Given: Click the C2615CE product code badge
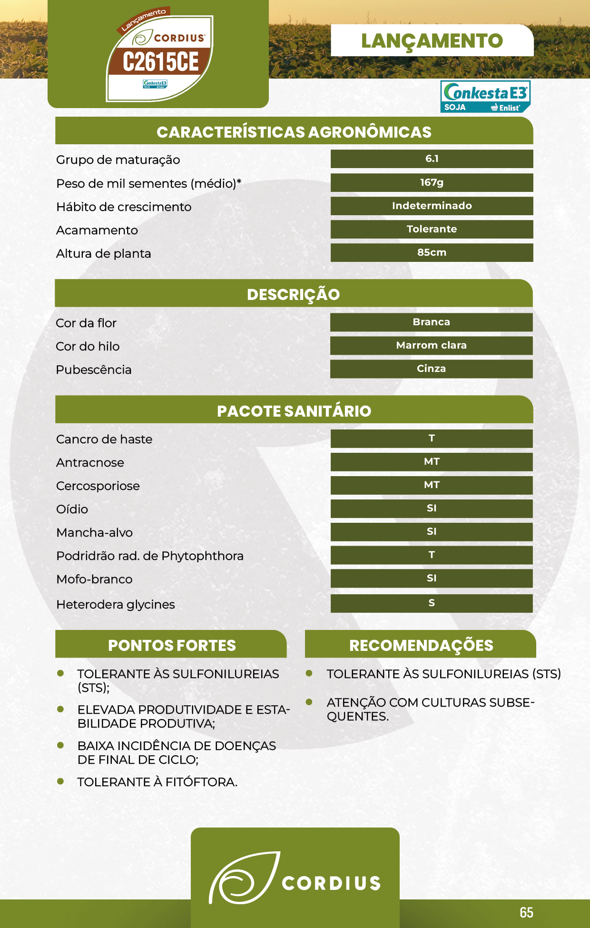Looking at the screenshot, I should (x=161, y=62).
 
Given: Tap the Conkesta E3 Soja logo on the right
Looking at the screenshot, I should (x=485, y=96).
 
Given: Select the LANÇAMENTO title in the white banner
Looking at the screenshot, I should (x=432, y=41).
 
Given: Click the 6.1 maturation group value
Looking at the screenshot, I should (x=432, y=159).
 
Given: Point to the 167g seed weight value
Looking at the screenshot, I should (x=432, y=182).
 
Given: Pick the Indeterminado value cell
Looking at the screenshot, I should (x=432, y=206).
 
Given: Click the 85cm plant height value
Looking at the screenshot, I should (x=432, y=252).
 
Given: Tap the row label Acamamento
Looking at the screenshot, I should (x=97, y=230).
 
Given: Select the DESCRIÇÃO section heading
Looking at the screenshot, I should (x=293, y=294).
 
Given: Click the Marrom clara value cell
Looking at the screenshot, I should (x=431, y=345).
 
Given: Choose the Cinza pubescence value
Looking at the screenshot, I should (x=431, y=369).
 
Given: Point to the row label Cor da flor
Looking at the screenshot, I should (x=86, y=323).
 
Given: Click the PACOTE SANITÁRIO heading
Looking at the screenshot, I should (x=294, y=411).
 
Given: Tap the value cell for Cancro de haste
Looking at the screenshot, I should (x=431, y=439).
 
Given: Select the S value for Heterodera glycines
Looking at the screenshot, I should (x=431, y=603).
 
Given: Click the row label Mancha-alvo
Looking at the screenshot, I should (x=94, y=533).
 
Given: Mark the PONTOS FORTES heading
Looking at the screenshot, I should (x=172, y=645).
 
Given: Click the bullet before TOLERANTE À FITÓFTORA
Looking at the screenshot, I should (x=60, y=781).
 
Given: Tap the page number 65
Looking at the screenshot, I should (x=526, y=912).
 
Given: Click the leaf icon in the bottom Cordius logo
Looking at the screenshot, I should (x=243, y=878).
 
